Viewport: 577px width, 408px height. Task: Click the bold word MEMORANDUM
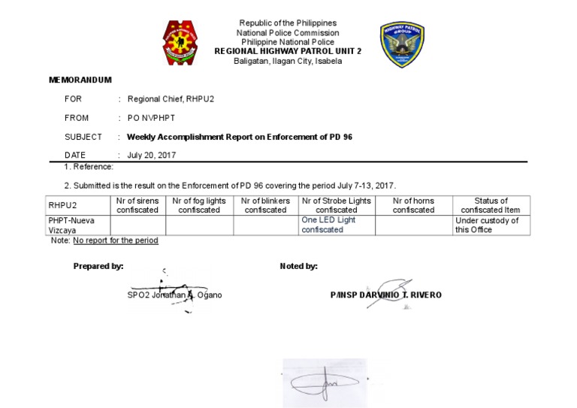pyautogui.click(x=80, y=80)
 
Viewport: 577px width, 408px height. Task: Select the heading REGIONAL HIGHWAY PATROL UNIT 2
pyautogui.click(x=288, y=51)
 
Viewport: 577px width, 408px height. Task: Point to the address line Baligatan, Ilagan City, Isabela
pyautogui.click(x=288, y=61)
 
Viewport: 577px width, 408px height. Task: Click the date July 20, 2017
pyautogui.click(x=151, y=155)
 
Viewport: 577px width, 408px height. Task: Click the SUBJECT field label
pyautogui.click(x=83, y=137)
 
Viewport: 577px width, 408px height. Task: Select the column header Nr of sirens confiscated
pyautogui.click(x=137, y=205)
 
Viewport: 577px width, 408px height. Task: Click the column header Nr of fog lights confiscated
pyautogui.click(x=199, y=205)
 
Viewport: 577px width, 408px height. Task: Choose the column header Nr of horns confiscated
pyautogui.click(x=413, y=205)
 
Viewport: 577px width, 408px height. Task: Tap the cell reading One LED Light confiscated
pyautogui.click(x=328, y=225)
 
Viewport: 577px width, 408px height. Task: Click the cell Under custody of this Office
pyautogui.click(x=487, y=225)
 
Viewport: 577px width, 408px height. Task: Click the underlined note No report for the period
pyautogui.click(x=116, y=240)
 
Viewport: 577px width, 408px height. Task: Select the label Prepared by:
pyautogui.click(x=98, y=266)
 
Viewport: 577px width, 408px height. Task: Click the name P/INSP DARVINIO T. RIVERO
pyautogui.click(x=385, y=295)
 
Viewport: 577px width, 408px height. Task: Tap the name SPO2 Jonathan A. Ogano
pyautogui.click(x=174, y=295)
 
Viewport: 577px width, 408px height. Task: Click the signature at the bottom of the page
pyautogui.click(x=323, y=384)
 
